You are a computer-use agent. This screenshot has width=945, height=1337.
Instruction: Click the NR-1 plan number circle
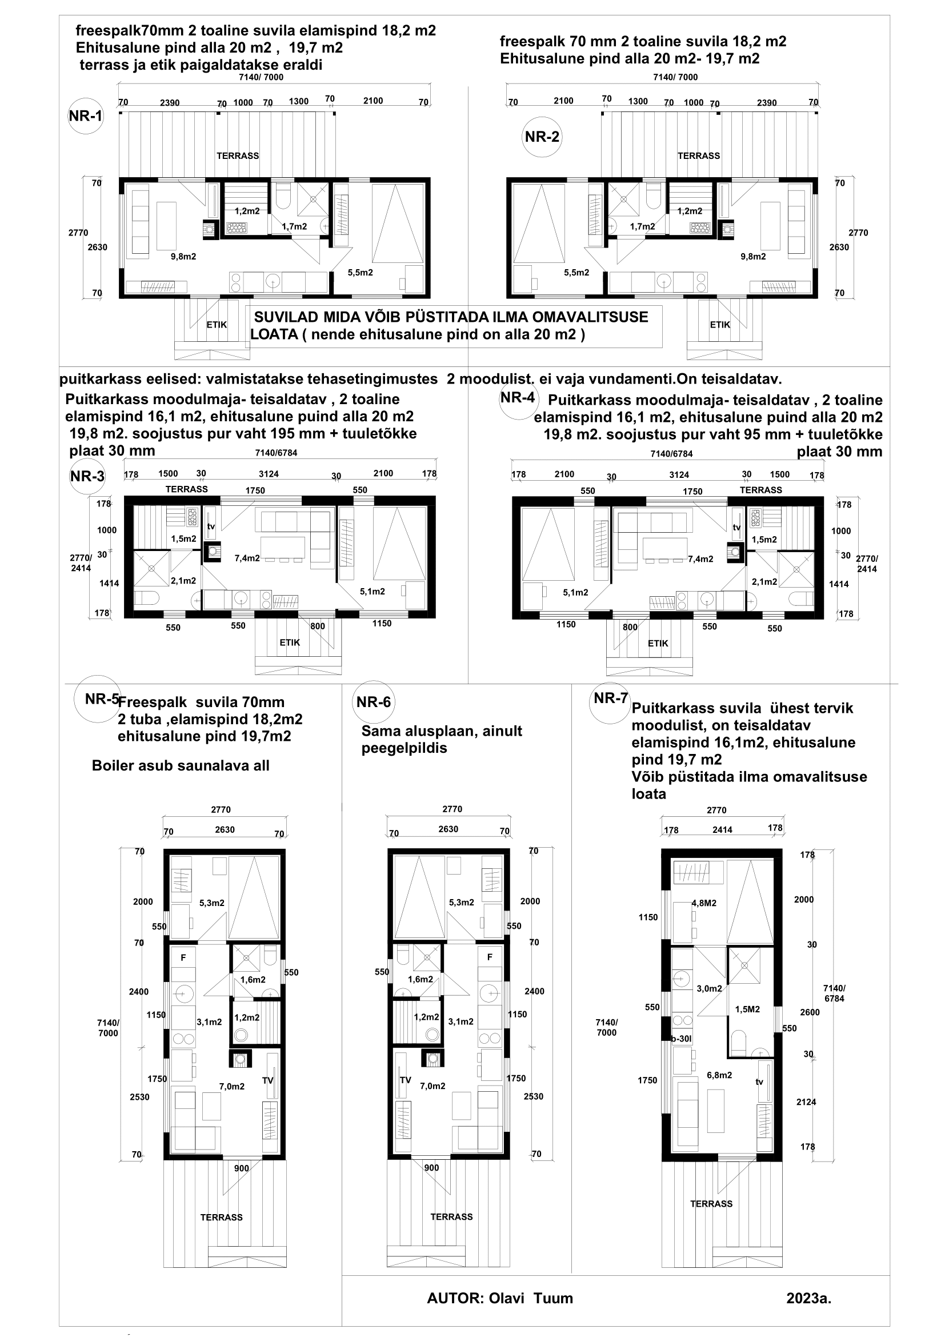86,116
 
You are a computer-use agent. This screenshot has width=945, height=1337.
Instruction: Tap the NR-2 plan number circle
542,137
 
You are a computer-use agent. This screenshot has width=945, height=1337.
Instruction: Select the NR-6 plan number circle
373,702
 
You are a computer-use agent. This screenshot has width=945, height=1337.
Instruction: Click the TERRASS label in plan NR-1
238,156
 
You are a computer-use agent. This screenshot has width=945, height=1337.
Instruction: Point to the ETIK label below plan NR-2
720,325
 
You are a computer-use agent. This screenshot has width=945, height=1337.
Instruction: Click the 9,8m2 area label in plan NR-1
183,256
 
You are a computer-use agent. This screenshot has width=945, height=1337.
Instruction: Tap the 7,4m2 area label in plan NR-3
247,558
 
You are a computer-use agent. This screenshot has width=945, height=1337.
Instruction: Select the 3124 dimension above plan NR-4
679,474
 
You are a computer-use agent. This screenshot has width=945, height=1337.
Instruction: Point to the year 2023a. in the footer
809,1298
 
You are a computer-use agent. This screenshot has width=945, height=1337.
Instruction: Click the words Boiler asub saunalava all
181,765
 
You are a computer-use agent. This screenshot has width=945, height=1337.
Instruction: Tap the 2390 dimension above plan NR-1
170,102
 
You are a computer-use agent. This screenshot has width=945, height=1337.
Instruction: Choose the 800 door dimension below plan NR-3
318,626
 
